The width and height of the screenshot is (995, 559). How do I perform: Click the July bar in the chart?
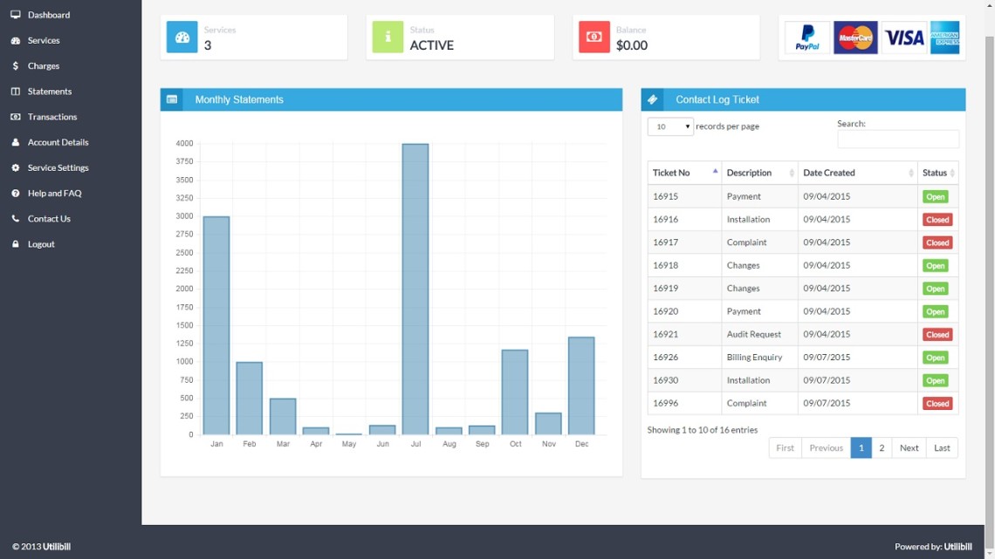tap(415, 289)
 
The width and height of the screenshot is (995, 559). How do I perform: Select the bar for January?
tap(216, 325)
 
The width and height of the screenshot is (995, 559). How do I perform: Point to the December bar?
tap(581, 385)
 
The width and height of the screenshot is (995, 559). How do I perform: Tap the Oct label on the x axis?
tap(516, 444)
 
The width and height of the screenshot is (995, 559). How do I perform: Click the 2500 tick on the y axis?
tap(184, 253)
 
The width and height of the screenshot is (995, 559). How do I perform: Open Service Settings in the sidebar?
tap(58, 167)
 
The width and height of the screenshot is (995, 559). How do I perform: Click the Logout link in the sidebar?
tap(41, 244)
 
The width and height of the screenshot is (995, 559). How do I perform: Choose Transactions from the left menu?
tap(51, 117)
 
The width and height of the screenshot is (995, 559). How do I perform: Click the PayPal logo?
tap(807, 38)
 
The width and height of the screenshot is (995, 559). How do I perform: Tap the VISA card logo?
tap(903, 38)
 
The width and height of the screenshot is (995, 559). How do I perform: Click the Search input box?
tap(897, 140)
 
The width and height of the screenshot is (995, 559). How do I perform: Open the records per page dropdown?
tap(670, 126)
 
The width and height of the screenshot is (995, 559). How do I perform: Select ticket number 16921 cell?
tap(666, 334)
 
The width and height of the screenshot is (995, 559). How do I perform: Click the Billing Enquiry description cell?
tap(754, 358)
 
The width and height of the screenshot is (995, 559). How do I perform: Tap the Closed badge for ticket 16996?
tap(937, 404)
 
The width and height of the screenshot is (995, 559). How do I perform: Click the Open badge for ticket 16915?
tap(935, 197)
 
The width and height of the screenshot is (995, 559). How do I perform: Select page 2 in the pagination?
tap(882, 447)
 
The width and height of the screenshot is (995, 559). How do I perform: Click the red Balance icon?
tap(594, 37)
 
